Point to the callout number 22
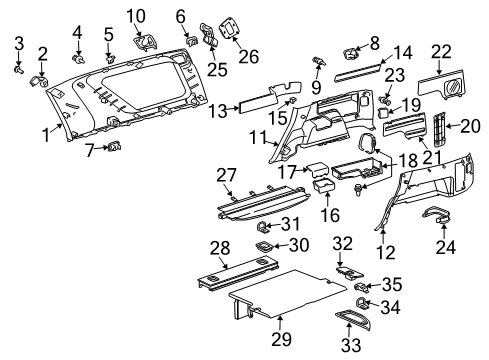click(x=441, y=50)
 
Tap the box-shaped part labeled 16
click(x=324, y=187)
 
